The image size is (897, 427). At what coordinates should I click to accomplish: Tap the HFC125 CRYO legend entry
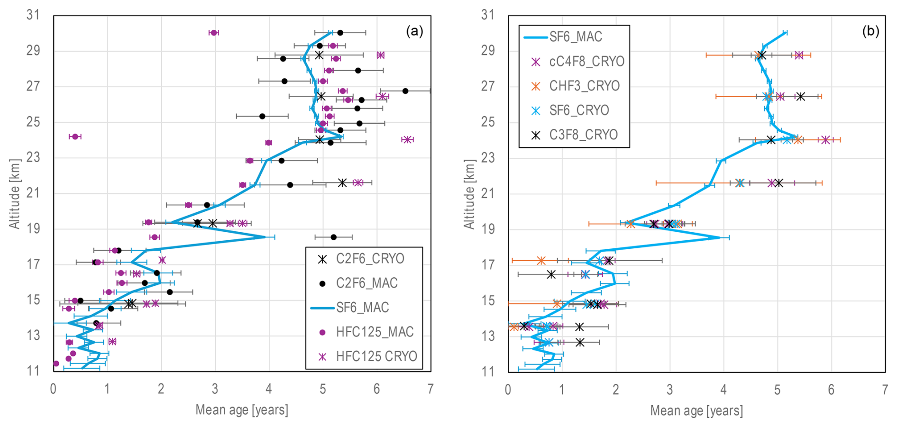pos(376,356)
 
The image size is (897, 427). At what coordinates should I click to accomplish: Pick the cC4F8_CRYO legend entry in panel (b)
pos(586,61)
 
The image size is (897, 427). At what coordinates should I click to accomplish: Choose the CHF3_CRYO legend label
pos(584,86)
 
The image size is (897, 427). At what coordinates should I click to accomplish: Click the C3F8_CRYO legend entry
pos(583,135)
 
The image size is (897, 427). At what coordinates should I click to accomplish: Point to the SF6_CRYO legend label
pos(579,110)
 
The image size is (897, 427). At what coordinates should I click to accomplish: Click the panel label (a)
pos(414,31)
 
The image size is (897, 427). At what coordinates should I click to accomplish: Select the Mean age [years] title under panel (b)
pos(696,410)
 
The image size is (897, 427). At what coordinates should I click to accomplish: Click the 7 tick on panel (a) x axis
pos(430,389)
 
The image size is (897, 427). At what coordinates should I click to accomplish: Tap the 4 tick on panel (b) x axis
pos(723,389)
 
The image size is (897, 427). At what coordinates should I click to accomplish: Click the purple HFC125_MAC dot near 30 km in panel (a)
pos(213,33)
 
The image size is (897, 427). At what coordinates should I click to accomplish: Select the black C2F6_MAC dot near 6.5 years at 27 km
pos(405,91)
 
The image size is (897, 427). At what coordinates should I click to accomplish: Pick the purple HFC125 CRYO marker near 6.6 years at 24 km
pos(407,139)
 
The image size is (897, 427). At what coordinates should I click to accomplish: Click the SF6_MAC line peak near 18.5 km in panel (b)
pos(720,237)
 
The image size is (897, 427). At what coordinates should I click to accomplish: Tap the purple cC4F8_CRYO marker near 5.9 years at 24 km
pos(825,140)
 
